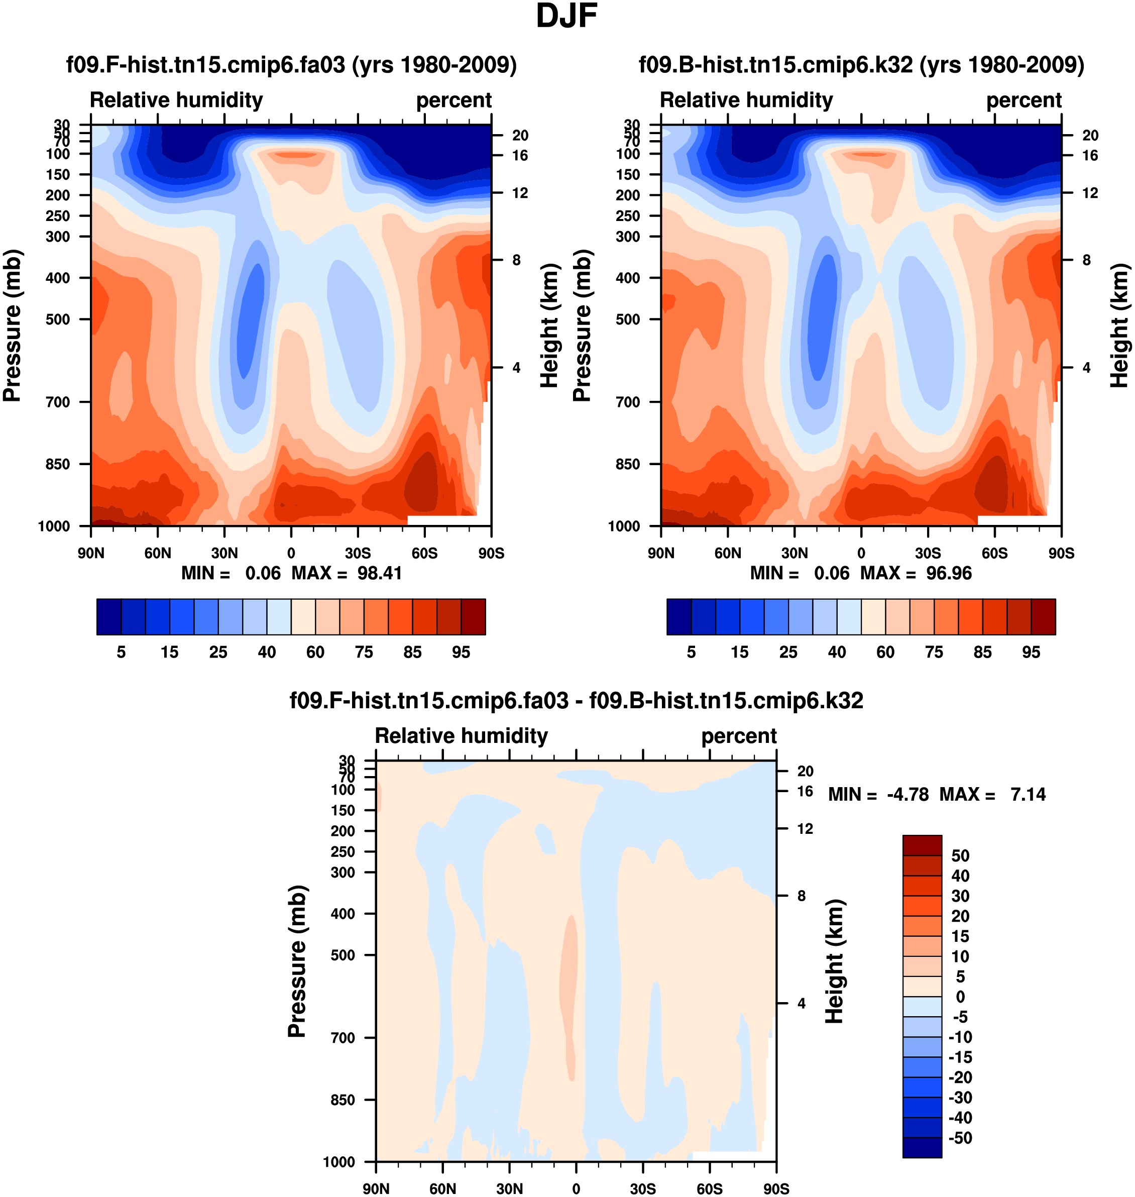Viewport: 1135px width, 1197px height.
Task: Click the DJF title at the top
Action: pos(566,17)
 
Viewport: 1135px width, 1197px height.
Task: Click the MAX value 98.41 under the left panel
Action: pos(379,573)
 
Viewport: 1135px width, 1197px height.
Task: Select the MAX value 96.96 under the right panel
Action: pos(949,573)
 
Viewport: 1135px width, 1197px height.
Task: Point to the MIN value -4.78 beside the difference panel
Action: pos(907,794)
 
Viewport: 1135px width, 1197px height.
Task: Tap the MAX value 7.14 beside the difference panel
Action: pos(1028,794)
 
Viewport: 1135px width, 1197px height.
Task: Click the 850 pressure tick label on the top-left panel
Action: pos(58,464)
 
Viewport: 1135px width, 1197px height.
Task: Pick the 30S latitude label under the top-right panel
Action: pos(928,553)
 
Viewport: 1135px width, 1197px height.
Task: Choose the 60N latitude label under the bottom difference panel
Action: pos(443,1188)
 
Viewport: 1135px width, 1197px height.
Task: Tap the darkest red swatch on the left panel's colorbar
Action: pos(473,617)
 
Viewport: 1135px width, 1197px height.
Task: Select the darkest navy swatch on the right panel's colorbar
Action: pos(679,617)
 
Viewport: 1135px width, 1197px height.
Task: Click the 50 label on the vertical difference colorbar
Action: pos(960,856)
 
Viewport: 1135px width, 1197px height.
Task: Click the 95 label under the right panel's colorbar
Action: pos(1031,652)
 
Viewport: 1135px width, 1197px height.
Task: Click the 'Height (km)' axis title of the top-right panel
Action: pos(1119,325)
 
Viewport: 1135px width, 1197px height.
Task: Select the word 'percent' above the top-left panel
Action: pos(454,100)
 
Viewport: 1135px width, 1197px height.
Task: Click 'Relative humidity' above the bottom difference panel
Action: pos(461,735)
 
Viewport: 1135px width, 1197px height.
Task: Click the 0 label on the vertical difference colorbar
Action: pos(960,997)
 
